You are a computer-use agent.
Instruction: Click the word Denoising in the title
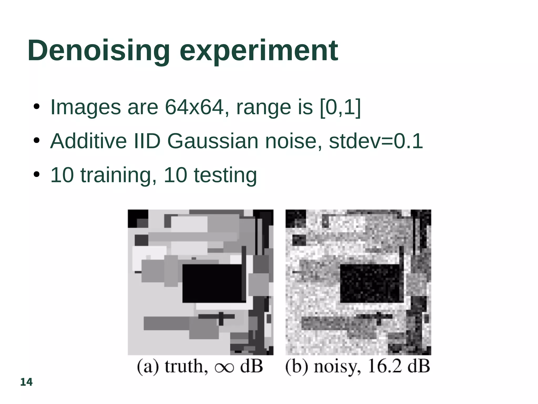point(99,50)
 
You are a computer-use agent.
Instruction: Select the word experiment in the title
point(259,51)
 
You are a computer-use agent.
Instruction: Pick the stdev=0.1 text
point(376,141)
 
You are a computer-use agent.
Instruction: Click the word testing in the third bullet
point(225,175)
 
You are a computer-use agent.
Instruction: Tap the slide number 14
point(26,382)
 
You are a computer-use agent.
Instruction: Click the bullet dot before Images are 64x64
point(37,107)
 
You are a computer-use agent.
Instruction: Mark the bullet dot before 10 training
point(37,175)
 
